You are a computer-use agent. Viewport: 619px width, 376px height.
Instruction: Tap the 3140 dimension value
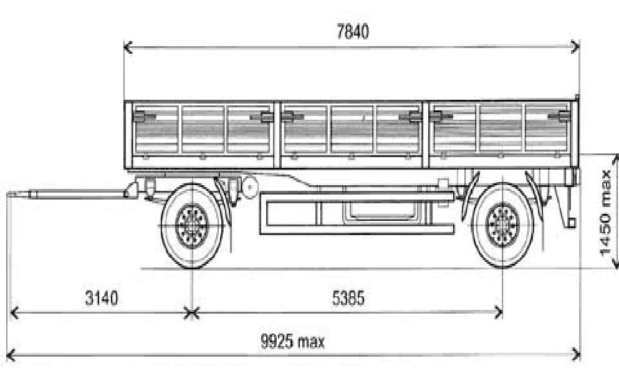click(102, 298)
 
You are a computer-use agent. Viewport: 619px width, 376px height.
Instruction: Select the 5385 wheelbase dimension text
click(347, 298)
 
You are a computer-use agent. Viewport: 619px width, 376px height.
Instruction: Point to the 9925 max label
click(292, 341)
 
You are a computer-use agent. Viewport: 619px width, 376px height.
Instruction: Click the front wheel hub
click(191, 225)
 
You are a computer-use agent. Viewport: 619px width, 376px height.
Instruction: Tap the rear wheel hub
click(502, 225)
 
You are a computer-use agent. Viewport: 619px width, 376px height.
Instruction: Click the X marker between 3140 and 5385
click(191, 312)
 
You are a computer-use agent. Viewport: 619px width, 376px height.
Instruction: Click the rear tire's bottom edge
click(502, 268)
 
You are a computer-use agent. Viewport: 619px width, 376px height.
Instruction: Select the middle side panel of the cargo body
click(353, 131)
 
